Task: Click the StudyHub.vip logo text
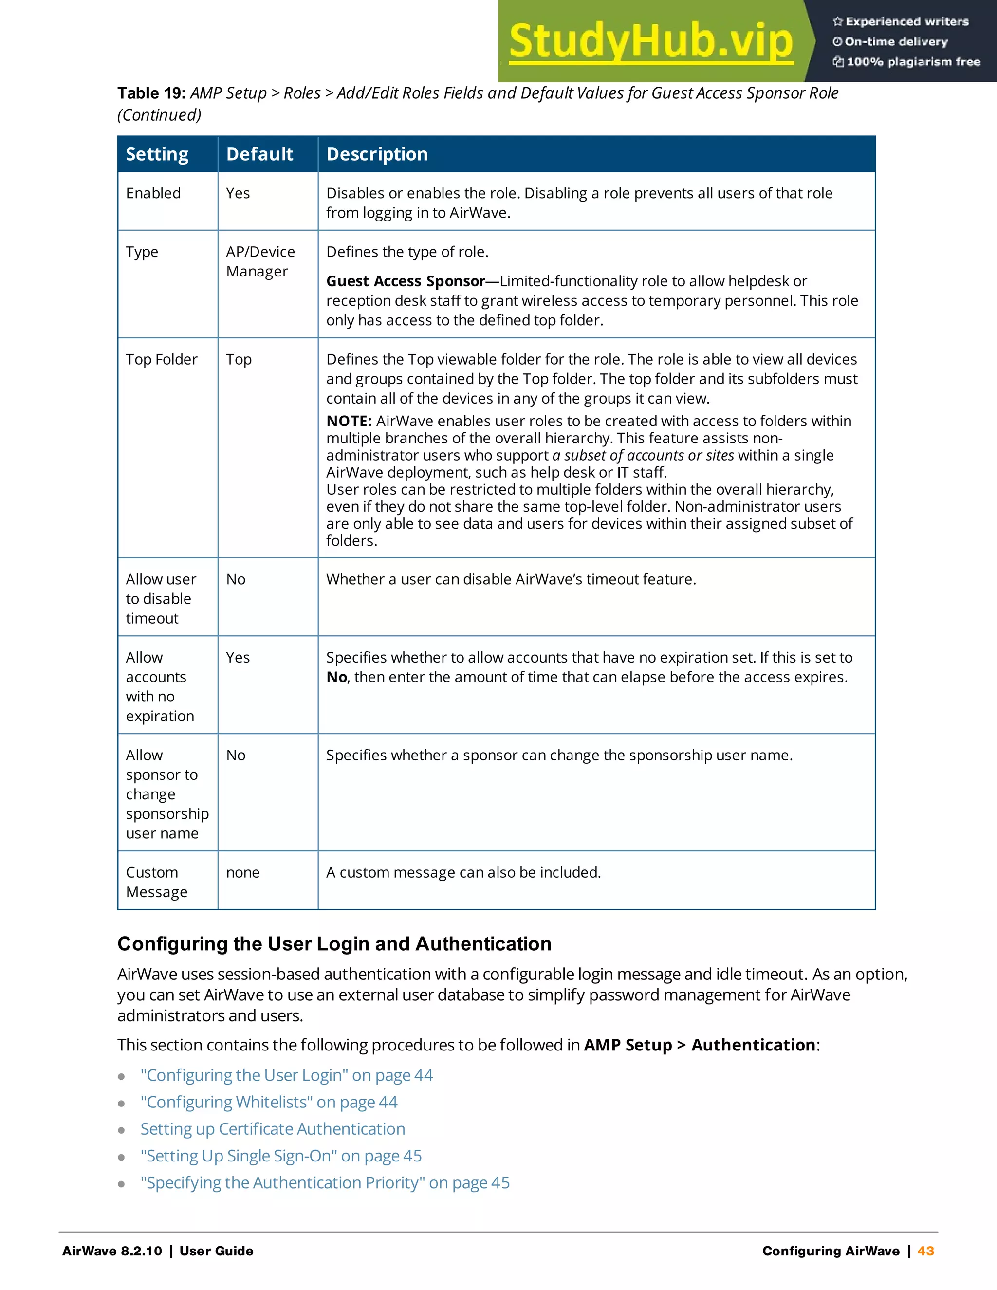coord(650,41)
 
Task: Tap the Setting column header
coord(157,154)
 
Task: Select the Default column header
coord(259,154)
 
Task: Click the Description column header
coord(377,154)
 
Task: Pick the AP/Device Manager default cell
coord(260,262)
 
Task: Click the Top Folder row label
coord(161,359)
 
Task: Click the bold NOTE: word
coord(349,421)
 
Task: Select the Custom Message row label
coord(157,882)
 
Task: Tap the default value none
coord(243,872)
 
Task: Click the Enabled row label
coord(153,193)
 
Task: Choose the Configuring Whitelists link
coord(269,1102)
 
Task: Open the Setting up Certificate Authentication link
coord(273,1129)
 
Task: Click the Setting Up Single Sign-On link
coord(281,1156)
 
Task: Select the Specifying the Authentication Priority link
coord(325,1183)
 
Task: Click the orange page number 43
coord(925,1251)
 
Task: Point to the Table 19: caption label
coord(151,93)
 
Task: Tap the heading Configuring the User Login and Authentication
coord(334,944)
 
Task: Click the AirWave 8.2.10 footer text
coord(112,1251)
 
